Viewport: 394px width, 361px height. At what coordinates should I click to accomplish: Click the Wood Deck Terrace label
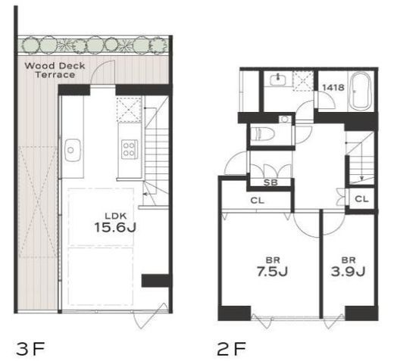point(55,70)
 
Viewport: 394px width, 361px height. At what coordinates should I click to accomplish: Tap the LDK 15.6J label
point(115,223)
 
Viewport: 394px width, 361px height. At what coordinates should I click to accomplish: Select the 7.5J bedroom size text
point(272,272)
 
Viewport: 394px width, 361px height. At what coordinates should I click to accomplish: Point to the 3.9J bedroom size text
point(348,272)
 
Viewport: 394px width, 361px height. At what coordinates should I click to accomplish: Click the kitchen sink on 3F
point(73,150)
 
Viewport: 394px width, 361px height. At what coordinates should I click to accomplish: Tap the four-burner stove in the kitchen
point(129,149)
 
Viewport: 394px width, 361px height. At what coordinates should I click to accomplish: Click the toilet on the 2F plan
point(263,133)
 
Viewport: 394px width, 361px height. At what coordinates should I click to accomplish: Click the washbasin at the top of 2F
point(277,79)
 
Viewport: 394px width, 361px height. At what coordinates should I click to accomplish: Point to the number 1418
point(333,88)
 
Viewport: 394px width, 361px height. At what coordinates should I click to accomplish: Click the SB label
point(270,182)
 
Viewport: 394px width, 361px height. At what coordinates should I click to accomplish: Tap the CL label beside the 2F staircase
point(361,199)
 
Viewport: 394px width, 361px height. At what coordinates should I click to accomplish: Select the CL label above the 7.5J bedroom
point(257,201)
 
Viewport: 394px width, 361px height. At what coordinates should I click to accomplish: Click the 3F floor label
point(30,349)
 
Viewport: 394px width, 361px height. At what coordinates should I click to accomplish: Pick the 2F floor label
point(231,349)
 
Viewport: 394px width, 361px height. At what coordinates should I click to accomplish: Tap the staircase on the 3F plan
point(156,151)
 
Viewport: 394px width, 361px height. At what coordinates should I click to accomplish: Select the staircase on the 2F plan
point(360,158)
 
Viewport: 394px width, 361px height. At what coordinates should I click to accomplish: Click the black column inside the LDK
point(155,281)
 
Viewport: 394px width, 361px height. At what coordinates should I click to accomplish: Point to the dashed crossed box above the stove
point(129,110)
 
